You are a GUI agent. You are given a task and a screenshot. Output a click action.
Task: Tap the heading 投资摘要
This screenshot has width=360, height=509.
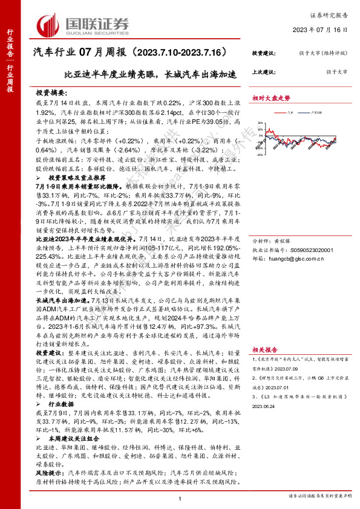51,94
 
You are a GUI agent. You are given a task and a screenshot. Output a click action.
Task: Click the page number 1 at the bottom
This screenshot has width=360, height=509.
180,498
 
